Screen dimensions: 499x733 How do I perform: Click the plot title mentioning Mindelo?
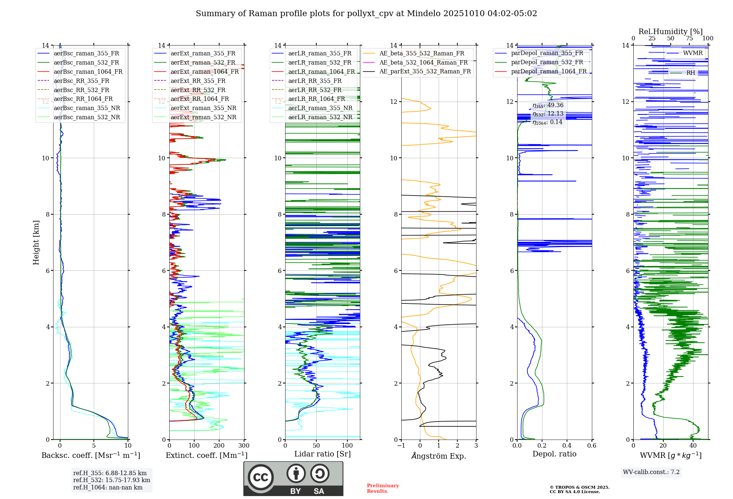(x=366, y=14)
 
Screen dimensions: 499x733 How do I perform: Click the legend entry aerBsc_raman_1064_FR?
(x=88, y=72)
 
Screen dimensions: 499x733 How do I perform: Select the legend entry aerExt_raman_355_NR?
(x=203, y=108)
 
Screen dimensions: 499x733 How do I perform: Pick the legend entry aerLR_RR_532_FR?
(x=314, y=90)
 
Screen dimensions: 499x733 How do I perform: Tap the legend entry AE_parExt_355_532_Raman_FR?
(x=425, y=71)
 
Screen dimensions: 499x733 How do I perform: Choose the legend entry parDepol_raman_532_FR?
(x=547, y=62)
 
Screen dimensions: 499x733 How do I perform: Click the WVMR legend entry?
(x=693, y=53)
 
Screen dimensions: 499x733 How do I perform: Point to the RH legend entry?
(x=690, y=73)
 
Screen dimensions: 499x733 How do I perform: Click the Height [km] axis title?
(x=36, y=242)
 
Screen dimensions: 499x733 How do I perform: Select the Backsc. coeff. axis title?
(x=91, y=455)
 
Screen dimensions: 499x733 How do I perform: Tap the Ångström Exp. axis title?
(x=439, y=456)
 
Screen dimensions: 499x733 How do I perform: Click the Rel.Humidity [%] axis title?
(x=670, y=32)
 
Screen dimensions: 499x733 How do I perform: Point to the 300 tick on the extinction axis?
(x=244, y=445)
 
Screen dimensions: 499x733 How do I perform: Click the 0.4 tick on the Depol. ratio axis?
(x=567, y=445)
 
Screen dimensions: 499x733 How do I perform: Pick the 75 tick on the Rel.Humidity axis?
(x=689, y=39)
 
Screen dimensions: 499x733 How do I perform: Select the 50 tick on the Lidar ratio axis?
(x=316, y=445)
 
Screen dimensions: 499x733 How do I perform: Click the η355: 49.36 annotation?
(x=548, y=105)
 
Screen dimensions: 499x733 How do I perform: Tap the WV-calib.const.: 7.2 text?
(x=651, y=472)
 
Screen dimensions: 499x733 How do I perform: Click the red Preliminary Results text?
(x=383, y=488)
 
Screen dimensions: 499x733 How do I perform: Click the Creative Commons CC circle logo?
(x=261, y=477)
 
